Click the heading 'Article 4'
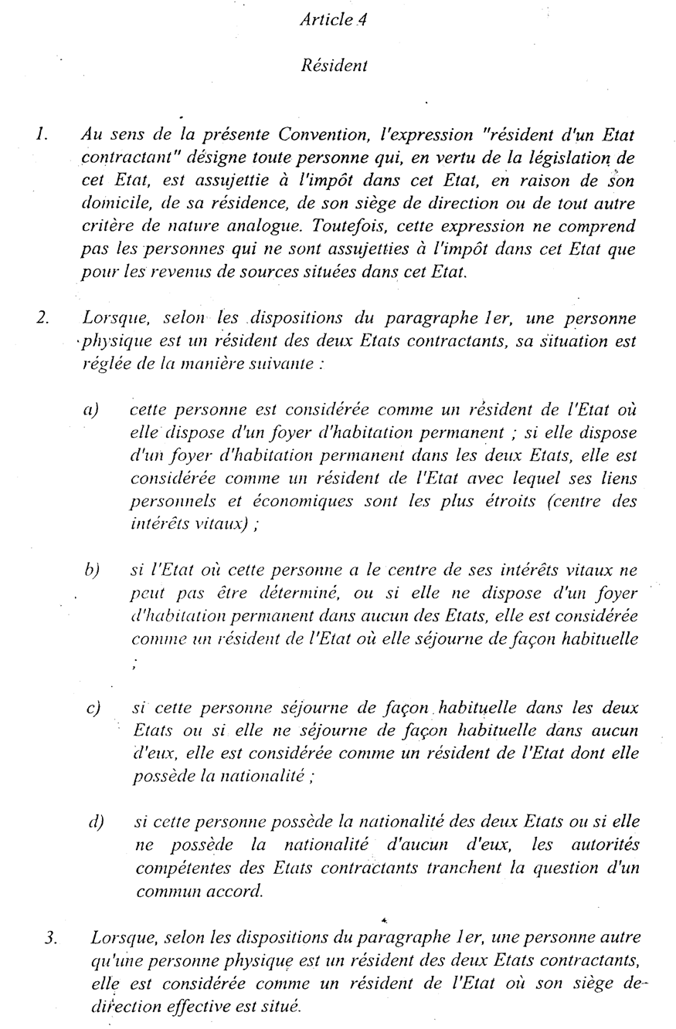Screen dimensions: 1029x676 [333, 21]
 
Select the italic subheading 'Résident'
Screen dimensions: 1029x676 [333, 66]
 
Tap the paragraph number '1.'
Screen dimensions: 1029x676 [42, 134]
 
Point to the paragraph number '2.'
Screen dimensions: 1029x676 [42, 317]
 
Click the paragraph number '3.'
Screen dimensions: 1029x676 [51, 939]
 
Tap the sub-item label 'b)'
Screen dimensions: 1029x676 [92, 570]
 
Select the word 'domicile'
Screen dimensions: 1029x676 [110, 205]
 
